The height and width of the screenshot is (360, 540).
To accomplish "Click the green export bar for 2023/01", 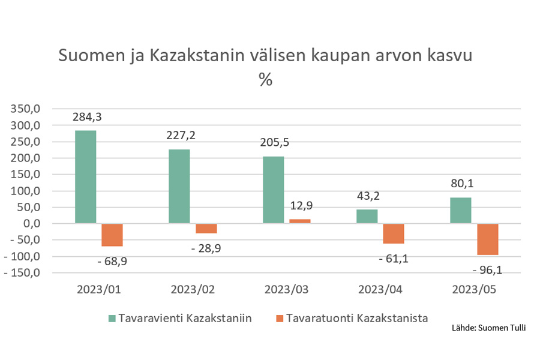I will (x=85, y=177).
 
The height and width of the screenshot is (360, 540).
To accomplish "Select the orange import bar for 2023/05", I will (x=487, y=239).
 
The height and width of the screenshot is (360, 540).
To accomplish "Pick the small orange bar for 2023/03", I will (x=299, y=221).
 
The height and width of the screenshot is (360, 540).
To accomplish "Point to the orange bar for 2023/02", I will (x=206, y=229).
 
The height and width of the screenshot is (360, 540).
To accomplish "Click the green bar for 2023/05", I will (x=461, y=211).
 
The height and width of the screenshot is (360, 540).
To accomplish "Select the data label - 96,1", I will (x=487, y=270).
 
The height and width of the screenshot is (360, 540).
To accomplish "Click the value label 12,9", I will (x=300, y=206).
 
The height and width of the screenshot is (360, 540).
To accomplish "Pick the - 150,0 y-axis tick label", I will (x=24, y=273).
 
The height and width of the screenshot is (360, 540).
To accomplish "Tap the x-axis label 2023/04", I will (x=380, y=289).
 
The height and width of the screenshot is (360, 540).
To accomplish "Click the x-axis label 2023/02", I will (x=193, y=289).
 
